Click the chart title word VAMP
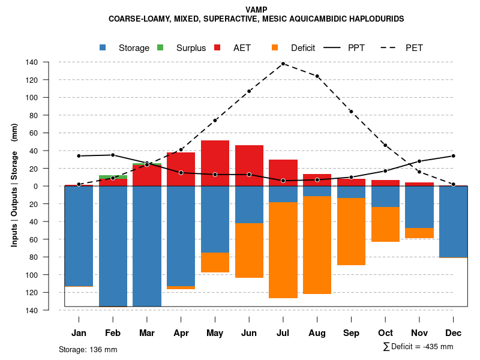click(256, 10)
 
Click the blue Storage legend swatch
click(103, 47)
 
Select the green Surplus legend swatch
click(160, 47)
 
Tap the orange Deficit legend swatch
click(275, 47)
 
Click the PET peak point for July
click(283, 64)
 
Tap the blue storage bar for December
click(453, 222)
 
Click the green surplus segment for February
click(113, 177)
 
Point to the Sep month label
click(351, 333)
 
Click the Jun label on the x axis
click(249, 333)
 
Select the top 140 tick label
click(49, 62)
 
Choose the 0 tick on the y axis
click(53, 187)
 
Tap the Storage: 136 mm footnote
click(88, 349)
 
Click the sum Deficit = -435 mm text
click(418, 347)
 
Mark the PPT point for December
click(454, 156)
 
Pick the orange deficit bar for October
click(385, 224)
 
